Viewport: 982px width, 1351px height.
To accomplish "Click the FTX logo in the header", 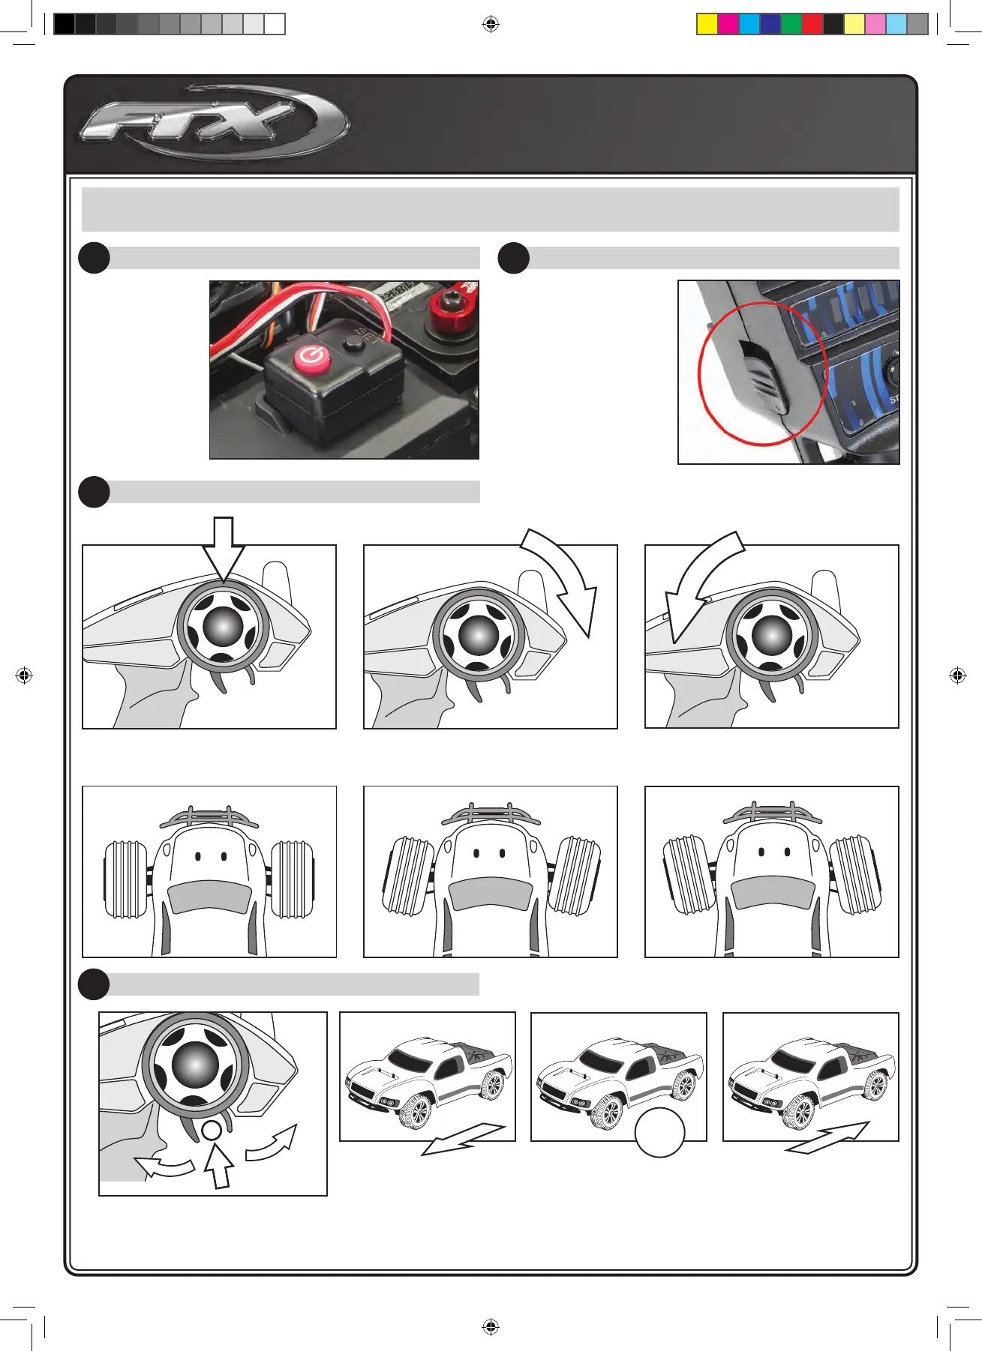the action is click(214, 122).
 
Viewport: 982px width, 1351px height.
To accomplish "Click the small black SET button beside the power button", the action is click(352, 343).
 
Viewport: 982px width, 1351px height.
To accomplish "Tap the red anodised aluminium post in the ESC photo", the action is click(450, 307).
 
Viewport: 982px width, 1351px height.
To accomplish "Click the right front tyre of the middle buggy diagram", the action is click(576, 876).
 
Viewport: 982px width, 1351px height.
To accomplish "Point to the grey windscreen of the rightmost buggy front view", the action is click(772, 894).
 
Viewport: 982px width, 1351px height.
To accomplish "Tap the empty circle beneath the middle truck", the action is click(659, 1133).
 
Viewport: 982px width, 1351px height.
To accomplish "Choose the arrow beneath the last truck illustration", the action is click(827, 1137).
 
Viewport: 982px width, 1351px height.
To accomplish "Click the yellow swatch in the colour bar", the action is click(707, 25).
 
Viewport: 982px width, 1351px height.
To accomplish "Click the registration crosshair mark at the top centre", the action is click(491, 25).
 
